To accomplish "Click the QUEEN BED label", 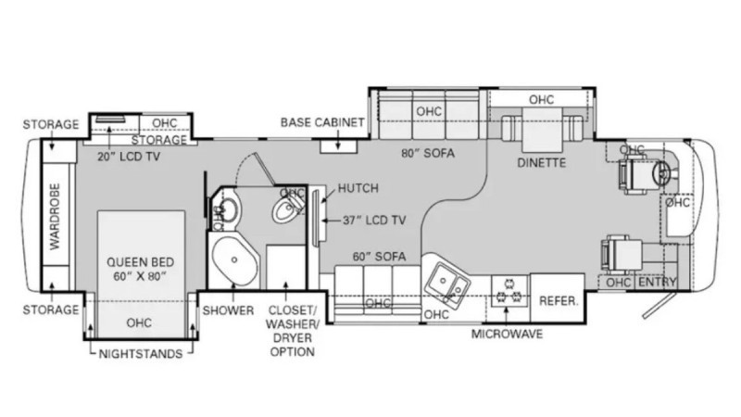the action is pos(141,262).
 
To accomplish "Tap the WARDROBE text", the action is pos(56,217).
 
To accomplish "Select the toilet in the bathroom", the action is pos(287,207).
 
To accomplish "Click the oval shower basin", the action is pos(234,260).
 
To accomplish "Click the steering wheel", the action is pos(661,173).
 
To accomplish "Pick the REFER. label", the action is pos(559,300).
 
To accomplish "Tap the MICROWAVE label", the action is pos(507,335).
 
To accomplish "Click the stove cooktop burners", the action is pos(509,291).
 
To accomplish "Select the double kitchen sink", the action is pos(447,283).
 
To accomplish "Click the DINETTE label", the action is pos(542,163).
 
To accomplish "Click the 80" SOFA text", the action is pos(428,153).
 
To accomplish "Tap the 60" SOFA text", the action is pos(379,257).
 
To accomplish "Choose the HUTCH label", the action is pos(358,188).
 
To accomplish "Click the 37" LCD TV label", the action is pos(374,220).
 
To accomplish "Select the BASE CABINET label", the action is pos(322,122).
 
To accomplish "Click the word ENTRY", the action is pos(658,283).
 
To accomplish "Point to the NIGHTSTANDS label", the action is pos(141,354).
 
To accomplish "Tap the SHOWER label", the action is pos(228,310).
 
